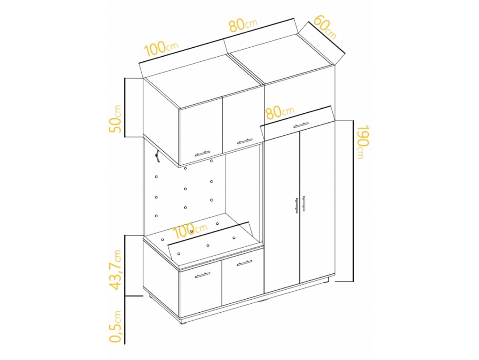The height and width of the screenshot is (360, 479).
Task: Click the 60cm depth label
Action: [x=325, y=27]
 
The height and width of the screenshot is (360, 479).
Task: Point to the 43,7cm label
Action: [x=116, y=269]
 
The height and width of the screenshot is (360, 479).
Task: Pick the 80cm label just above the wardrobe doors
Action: [x=280, y=112]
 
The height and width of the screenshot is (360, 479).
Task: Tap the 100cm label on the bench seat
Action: [x=190, y=231]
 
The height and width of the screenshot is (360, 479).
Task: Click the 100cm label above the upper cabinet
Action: [x=161, y=49]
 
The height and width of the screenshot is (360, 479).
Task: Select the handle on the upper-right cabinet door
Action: [x=245, y=141]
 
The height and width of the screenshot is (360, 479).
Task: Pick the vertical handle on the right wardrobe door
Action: [x=304, y=203]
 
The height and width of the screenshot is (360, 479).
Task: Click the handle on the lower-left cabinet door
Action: [x=203, y=275]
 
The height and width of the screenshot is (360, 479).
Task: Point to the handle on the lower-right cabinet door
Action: [x=244, y=263]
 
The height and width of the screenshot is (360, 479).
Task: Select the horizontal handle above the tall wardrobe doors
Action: [x=301, y=125]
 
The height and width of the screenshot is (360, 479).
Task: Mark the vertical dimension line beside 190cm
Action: [x=354, y=201]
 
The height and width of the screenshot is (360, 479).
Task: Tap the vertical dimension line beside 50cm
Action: [x=125, y=108]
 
